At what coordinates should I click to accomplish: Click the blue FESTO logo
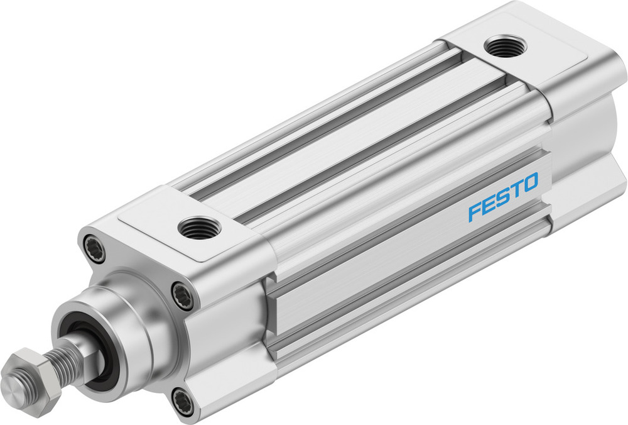coord(503,198)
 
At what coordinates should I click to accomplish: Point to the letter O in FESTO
coord(529,184)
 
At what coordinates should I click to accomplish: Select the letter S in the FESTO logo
coord(502,198)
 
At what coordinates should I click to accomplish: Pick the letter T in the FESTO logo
coord(516,191)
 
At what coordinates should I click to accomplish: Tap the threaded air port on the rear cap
coord(506,47)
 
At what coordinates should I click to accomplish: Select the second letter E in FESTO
coord(489,205)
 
